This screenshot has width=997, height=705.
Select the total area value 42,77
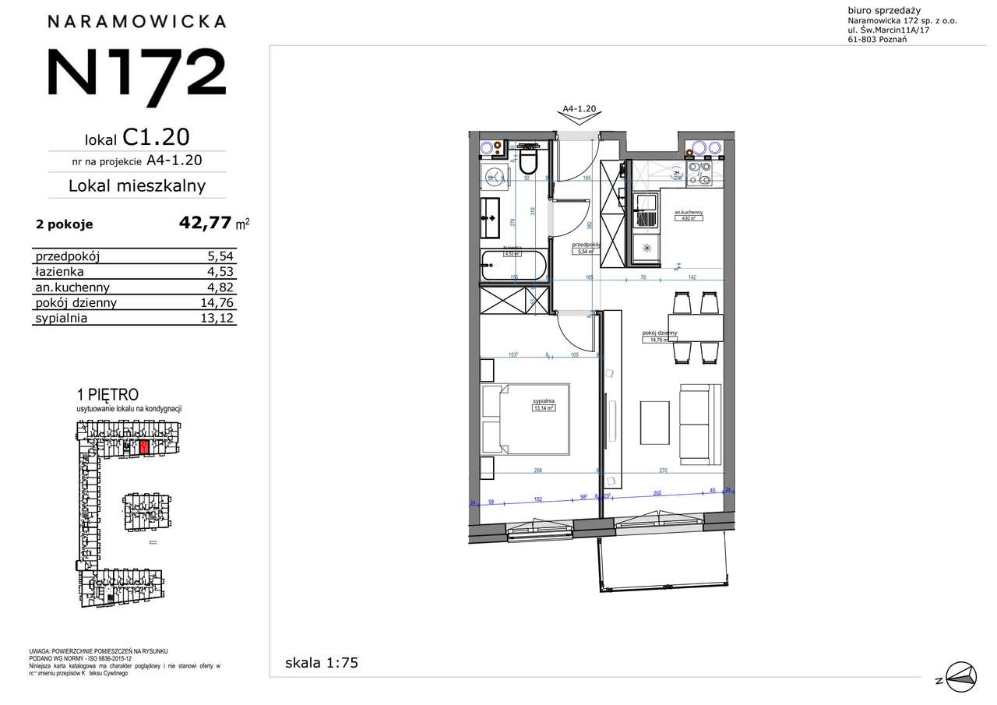tap(206, 224)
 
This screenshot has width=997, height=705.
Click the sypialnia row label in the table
tap(61, 318)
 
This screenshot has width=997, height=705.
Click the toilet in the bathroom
tap(530, 161)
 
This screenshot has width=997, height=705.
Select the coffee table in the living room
tap(655, 421)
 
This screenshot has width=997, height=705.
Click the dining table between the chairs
tap(696, 327)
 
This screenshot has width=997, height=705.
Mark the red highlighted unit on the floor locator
tap(143, 446)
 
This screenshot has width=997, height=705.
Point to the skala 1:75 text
tap(321, 664)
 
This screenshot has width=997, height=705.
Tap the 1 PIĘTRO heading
tap(107, 396)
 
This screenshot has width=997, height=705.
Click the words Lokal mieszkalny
tap(137, 185)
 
